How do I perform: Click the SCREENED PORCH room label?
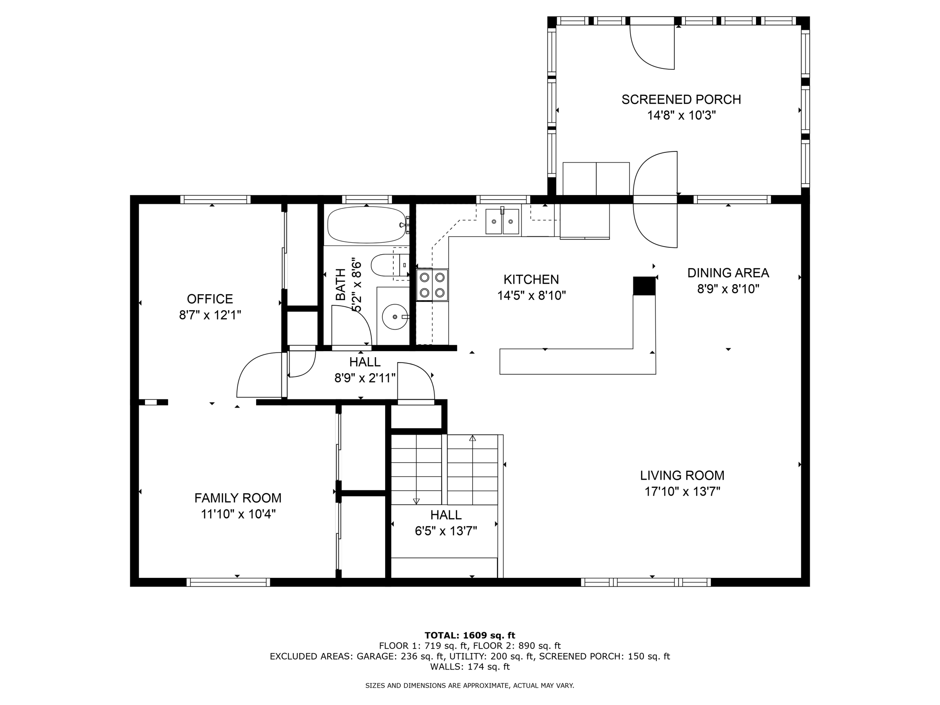tap(681, 100)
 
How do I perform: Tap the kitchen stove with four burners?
tap(432, 285)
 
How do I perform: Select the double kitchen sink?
tap(503, 221)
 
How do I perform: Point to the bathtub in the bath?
tap(367, 225)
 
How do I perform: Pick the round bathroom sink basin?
tap(395, 317)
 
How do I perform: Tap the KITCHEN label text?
tap(531, 280)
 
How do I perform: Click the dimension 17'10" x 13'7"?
tap(682, 492)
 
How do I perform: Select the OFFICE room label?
tap(210, 299)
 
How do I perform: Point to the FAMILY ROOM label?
tap(238, 498)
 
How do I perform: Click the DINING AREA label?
tap(728, 273)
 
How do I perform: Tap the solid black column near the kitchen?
tap(644, 286)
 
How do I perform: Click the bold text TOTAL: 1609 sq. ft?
tap(470, 636)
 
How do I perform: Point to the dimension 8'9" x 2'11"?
tap(365, 378)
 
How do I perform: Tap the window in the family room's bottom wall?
tap(228, 582)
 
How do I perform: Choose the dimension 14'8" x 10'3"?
tap(682, 115)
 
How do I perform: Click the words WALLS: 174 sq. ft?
tap(470, 667)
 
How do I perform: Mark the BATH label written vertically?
tap(341, 285)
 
